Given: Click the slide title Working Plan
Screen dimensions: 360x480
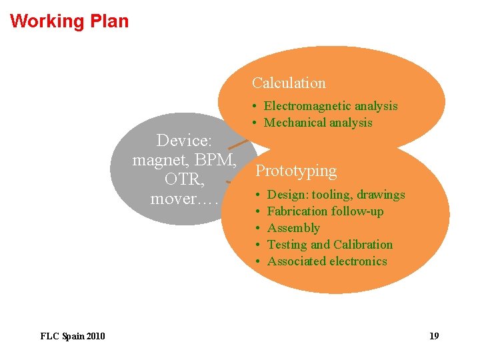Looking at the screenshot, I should tap(69, 21).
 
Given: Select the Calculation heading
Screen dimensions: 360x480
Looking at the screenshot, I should tap(289, 83).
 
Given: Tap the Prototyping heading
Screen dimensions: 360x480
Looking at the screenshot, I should tap(296, 171).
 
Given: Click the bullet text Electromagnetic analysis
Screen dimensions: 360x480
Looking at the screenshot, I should tap(331, 106).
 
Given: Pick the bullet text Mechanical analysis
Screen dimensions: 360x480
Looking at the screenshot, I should tap(318, 123).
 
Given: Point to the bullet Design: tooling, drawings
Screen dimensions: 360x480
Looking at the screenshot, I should tap(336, 195).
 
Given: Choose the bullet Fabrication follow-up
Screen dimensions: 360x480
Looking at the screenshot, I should tap(325, 211).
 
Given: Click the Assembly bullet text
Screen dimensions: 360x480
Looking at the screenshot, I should tap(293, 228).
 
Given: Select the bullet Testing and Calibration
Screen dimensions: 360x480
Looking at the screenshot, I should tap(330, 245).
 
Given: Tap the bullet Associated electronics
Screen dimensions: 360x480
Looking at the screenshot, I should tap(327, 261).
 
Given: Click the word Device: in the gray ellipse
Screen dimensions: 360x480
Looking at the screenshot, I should tap(184, 141).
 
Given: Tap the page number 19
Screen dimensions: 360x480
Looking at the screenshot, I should tap(434, 336).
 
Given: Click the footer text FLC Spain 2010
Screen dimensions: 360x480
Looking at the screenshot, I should tap(73, 336).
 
